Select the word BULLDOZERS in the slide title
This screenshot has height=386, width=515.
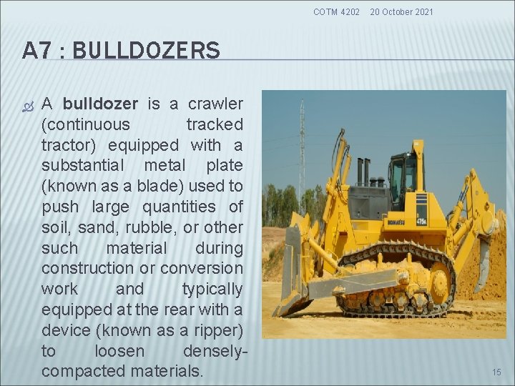tap(146, 51)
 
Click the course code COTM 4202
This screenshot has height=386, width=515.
tap(337, 11)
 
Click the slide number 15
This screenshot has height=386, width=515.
tap(496, 372)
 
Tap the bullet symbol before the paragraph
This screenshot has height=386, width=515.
tap(28, 104)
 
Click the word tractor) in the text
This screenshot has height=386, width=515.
tap(70, 145)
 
